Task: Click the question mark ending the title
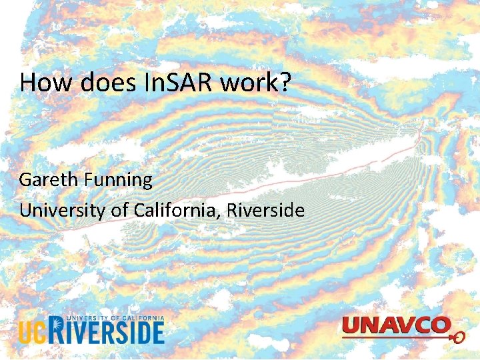[284, 83]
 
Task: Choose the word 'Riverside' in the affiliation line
[265, 211]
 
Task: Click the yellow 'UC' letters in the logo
[32, 332]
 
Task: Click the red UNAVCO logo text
[393, 327]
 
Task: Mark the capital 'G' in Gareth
[25, 180]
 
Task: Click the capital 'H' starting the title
[27, 83]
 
